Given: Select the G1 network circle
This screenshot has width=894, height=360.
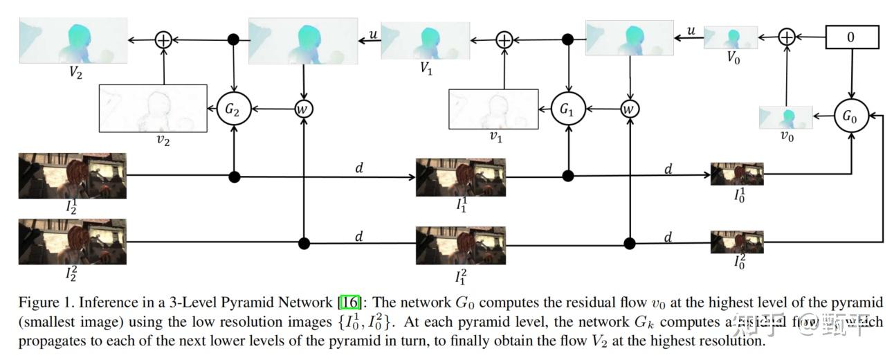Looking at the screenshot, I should click(x=568, y=109).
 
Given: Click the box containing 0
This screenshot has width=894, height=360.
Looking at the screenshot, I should click(x=851, y=37).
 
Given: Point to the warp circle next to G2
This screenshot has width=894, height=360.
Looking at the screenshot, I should click(x=303, y=109).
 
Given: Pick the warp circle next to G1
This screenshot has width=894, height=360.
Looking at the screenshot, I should click(x=630, y=109).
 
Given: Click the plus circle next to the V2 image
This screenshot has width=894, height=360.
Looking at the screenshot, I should click(x=163, y=39).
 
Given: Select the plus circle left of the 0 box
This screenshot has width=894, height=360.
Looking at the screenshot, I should click(x=786, y=37).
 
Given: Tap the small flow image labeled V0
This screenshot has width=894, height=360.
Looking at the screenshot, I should click(x=731, y=37).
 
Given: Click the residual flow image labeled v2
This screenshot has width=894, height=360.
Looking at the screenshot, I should click(x=153, y=108).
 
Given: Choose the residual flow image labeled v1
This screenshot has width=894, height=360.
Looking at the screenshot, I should click(x=493, y=108).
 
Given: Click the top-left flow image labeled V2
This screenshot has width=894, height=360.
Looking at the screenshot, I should click(x=73, y=40).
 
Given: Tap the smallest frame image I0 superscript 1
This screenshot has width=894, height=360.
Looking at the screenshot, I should click(x=737, y=174).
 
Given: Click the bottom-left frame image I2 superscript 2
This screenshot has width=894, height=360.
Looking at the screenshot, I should click(x=73, y=241).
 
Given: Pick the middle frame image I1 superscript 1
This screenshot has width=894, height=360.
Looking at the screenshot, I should click(x=460, y=177).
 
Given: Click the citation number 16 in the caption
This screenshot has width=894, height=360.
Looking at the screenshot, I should click(x=347, y=303).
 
